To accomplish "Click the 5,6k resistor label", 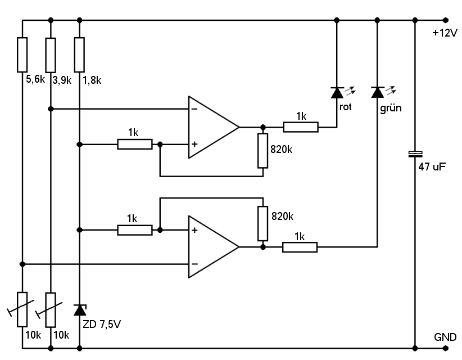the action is [x=35, y=79].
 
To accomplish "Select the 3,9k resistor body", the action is [x=51, y=55].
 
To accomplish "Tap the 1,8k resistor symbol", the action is [x=79, y=55].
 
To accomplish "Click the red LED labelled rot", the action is [x=337, y=93].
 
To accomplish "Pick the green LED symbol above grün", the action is [x=378, y=92].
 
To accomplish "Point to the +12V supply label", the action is [x=445, y=33].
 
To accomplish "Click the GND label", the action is [x=445, y=337].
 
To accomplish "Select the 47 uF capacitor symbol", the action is [x=415, y=154].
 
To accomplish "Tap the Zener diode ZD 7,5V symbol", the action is [x=80, y=310].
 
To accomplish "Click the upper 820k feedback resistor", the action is [x=263, y=151].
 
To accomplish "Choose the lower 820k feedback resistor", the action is [x=263, y=223].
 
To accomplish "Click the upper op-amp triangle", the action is [x=214, y=127].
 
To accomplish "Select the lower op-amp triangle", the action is [x=214, y=247].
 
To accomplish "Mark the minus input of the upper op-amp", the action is [x=194, y=109].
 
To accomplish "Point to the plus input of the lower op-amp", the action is [x=194, y=230].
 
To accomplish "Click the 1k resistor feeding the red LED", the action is [x=301, y=127].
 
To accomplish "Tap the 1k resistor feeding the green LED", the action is [x=300, y=247].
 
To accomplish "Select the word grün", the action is [x=391, y=108].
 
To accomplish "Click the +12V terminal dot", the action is [x=446, y=20].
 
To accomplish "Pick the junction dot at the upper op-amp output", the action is [x=263, y=127].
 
